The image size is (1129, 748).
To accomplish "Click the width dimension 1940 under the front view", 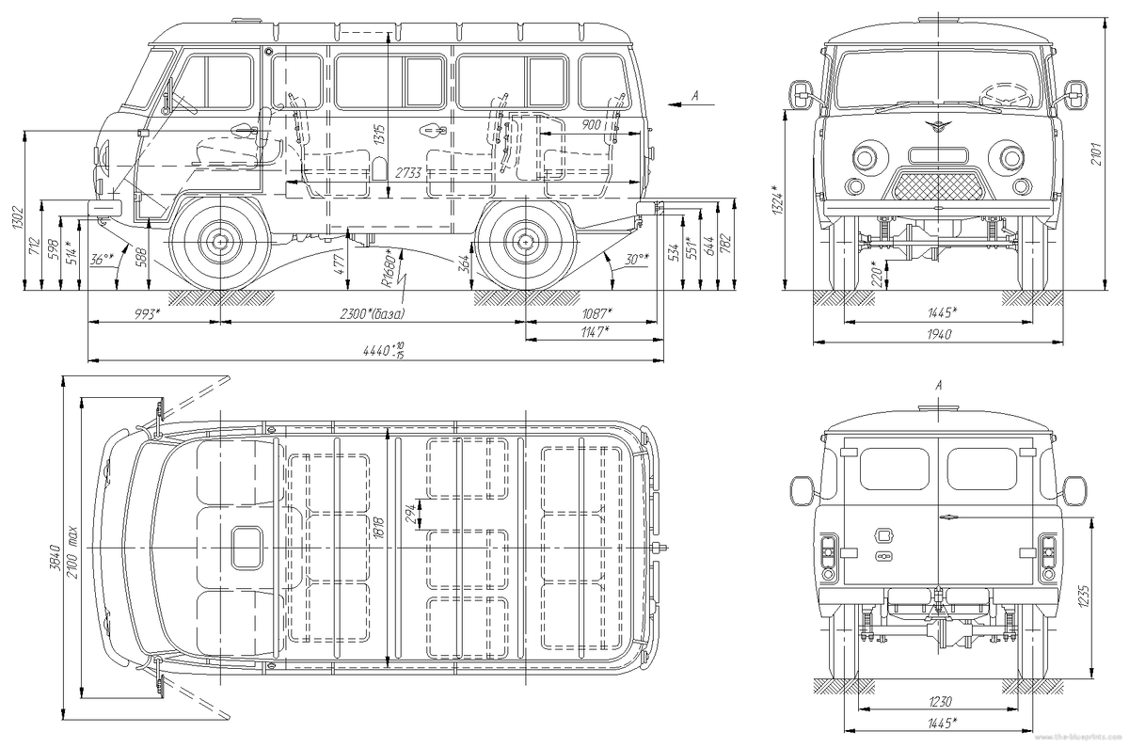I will click(x=937, y=335).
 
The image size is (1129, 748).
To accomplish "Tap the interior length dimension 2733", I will click(x=407, y=173).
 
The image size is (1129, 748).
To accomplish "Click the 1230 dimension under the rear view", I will click(x=937, y=701).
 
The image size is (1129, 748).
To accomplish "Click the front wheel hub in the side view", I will click(x=220, y=242).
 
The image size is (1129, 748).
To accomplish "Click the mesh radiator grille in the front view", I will click(x=938, y=184).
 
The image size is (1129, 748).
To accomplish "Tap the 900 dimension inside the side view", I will click(x=591, y=125).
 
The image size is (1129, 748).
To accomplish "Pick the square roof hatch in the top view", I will click(x=249, y=547).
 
